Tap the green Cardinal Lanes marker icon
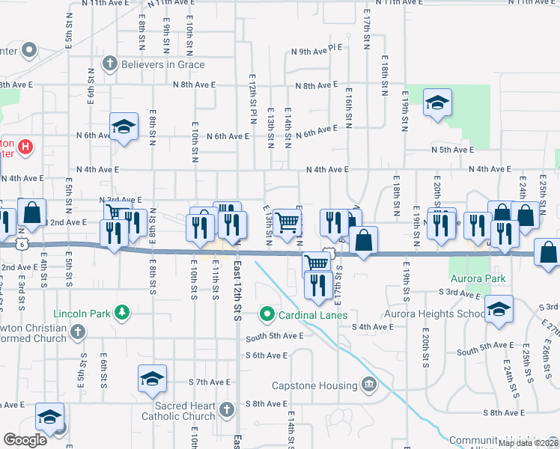[266, 314]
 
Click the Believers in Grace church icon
[109, 64]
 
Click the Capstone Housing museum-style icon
[368, 385]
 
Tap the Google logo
[25, 440]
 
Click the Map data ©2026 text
[528, 443]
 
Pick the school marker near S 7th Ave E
[152, 379]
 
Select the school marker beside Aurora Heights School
[499, 311]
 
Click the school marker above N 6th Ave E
[124, 126]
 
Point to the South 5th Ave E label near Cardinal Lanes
[275, 336]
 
